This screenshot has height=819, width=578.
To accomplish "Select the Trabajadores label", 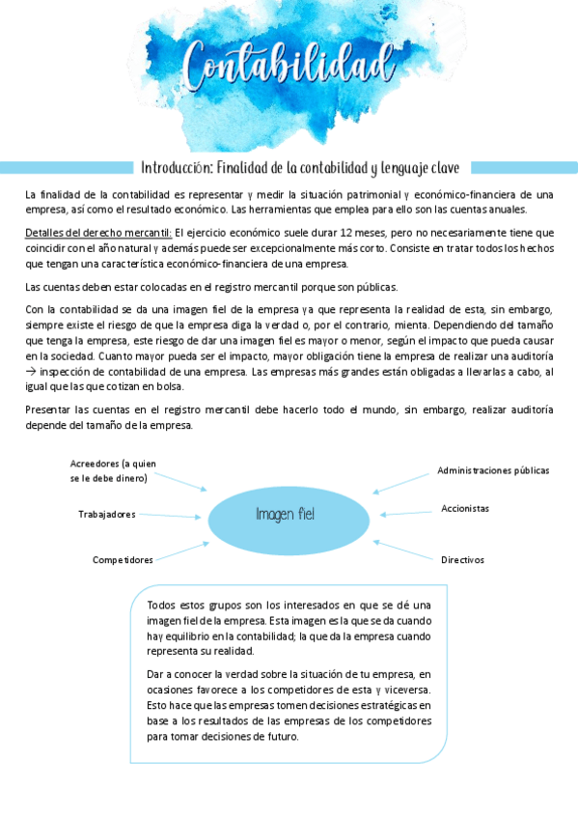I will [x=106, y=514].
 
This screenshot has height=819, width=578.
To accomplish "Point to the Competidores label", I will [x=123, y=560].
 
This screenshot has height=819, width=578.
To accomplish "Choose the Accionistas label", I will [x=465, y=508].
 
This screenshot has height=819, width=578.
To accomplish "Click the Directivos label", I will [x=462, y=560].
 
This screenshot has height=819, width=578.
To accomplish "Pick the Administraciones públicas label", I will [x=493, y=470].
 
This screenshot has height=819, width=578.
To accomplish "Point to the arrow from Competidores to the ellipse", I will [x=181, y=551].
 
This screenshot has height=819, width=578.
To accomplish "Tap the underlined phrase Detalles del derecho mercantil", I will [x=98, y=233].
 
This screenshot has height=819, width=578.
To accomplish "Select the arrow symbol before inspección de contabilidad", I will [x=31, y=372].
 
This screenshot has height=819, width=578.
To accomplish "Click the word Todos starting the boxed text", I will [x=162, y=605].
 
